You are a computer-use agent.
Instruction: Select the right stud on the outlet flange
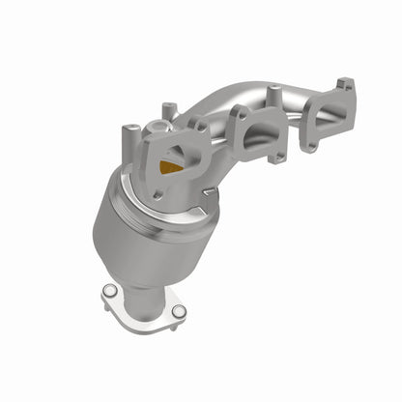coord(179,310)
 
